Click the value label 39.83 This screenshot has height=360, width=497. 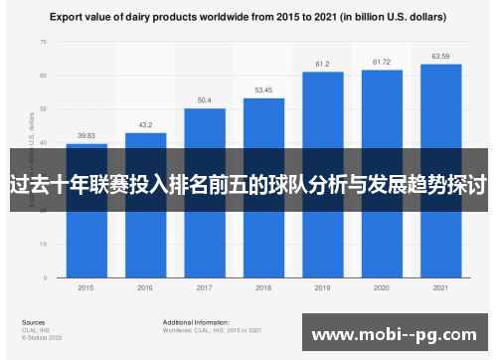coord(86,136)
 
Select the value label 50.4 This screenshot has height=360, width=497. coord(204,100)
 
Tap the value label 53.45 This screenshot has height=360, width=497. coord(263,90)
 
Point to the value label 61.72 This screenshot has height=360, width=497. coord(382,62)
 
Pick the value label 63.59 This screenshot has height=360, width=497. coord(440,56)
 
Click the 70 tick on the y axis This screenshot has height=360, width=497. coord(43,42)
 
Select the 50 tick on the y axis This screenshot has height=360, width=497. coord(43,109)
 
